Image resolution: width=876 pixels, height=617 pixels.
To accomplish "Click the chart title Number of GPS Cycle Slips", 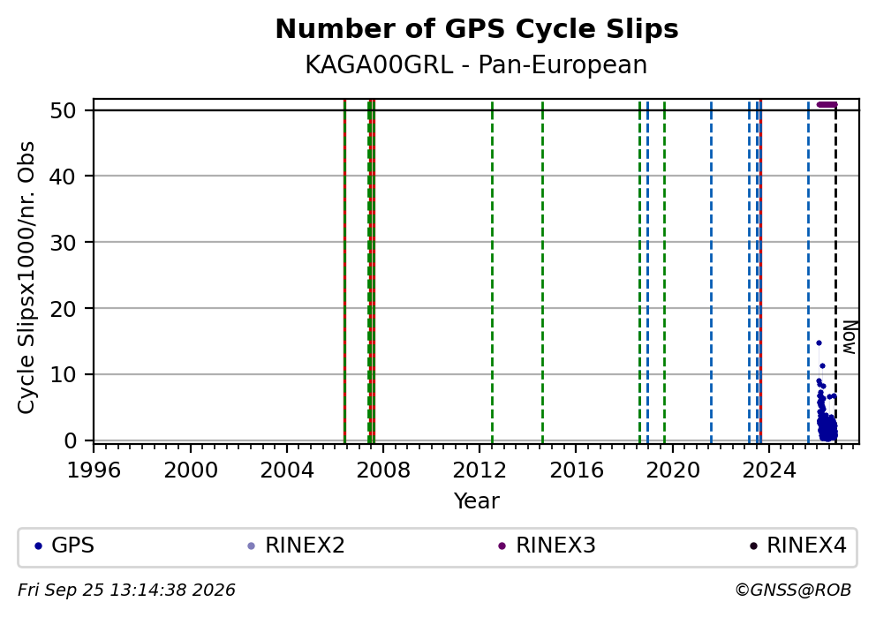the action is (x=477, y=29).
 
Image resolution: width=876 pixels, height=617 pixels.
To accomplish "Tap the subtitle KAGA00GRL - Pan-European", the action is (x=476, y=65).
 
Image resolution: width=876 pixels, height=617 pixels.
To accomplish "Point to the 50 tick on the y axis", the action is (x=63, y=110).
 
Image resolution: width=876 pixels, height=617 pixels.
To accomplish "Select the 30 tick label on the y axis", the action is (x=63, y=243).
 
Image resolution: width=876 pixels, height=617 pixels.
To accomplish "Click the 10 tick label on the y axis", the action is (x=63, y=374).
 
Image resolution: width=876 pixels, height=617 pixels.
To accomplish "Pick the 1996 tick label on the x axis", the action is (x=94, y=470).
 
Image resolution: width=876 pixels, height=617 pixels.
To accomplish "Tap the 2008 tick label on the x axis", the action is (x=383, y=470).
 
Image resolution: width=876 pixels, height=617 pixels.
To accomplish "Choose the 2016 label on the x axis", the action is (x=576, y=470).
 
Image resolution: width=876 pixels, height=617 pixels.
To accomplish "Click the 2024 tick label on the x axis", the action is (x=769, y=470).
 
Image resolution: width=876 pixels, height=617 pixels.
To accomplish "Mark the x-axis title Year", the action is (x=477, y=500).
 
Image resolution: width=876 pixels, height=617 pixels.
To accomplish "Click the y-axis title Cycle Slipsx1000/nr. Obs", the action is (x=26, y=277).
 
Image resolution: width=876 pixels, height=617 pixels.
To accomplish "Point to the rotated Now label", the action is (x=850, y=337).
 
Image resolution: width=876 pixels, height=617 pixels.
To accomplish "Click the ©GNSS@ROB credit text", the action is (x=793, y=591).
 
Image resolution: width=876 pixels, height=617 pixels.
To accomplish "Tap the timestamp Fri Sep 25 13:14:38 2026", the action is (x=126, y=591).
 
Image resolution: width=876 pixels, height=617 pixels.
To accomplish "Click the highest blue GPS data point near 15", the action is (x=819, y=342).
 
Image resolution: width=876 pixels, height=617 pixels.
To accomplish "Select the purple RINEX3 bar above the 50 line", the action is (x=827, y=104).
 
